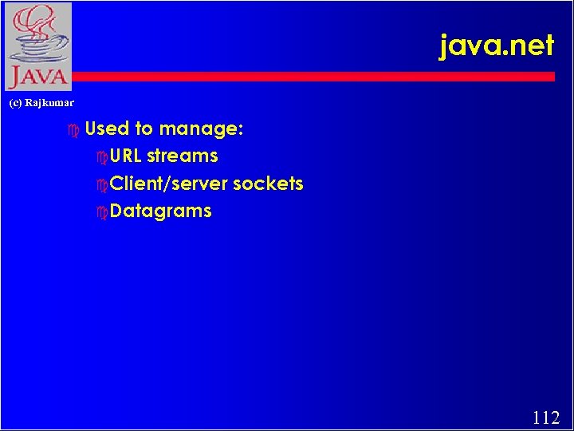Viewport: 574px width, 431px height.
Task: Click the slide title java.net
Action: (496, 45)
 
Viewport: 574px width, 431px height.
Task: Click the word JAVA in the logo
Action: (37, 77)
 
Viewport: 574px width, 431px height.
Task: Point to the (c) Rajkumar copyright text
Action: (41, 103)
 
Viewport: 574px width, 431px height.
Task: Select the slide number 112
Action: (545, 417)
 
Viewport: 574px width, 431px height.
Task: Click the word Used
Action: (108, 128)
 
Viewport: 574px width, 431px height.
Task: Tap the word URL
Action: (126, 156)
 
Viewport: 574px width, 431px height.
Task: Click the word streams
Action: (182, 156)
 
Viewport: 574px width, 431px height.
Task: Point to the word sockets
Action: (268, 184)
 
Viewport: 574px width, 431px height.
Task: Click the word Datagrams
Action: (160, 212)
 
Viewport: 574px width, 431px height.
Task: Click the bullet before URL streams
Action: (100, 156)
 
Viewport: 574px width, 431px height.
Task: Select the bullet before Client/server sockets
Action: (100, 184)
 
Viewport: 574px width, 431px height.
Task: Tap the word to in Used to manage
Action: (144, 128)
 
